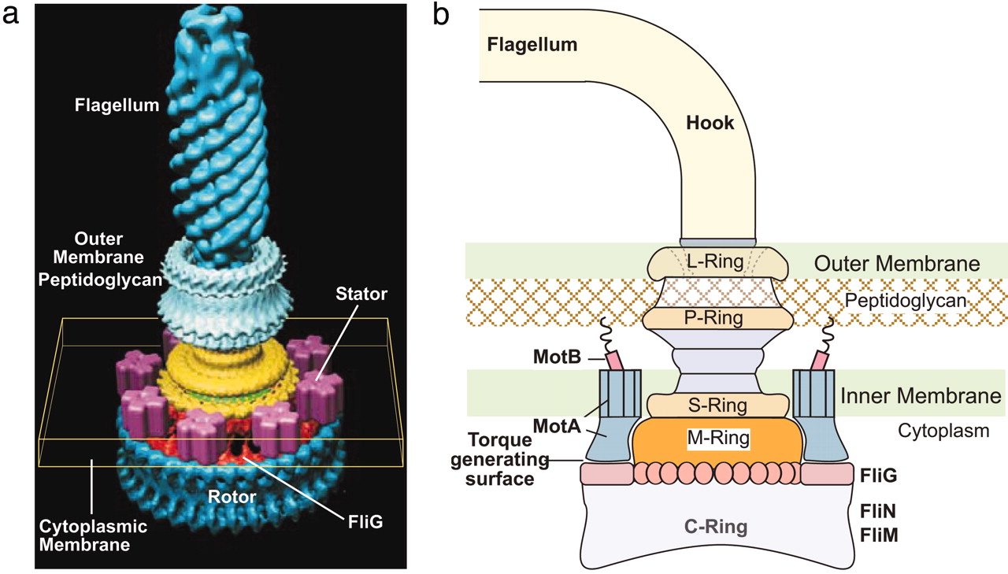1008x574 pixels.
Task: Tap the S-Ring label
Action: (x=717, y=406)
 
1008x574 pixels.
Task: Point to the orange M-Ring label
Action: (x=717, y=435)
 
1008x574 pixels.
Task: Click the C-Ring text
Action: (x=717, y=528)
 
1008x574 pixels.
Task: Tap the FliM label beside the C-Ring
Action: (x=879, y=535)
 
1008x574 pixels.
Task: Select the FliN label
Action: (x=878, y=510)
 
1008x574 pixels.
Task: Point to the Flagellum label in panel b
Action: (x=532, y=44)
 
